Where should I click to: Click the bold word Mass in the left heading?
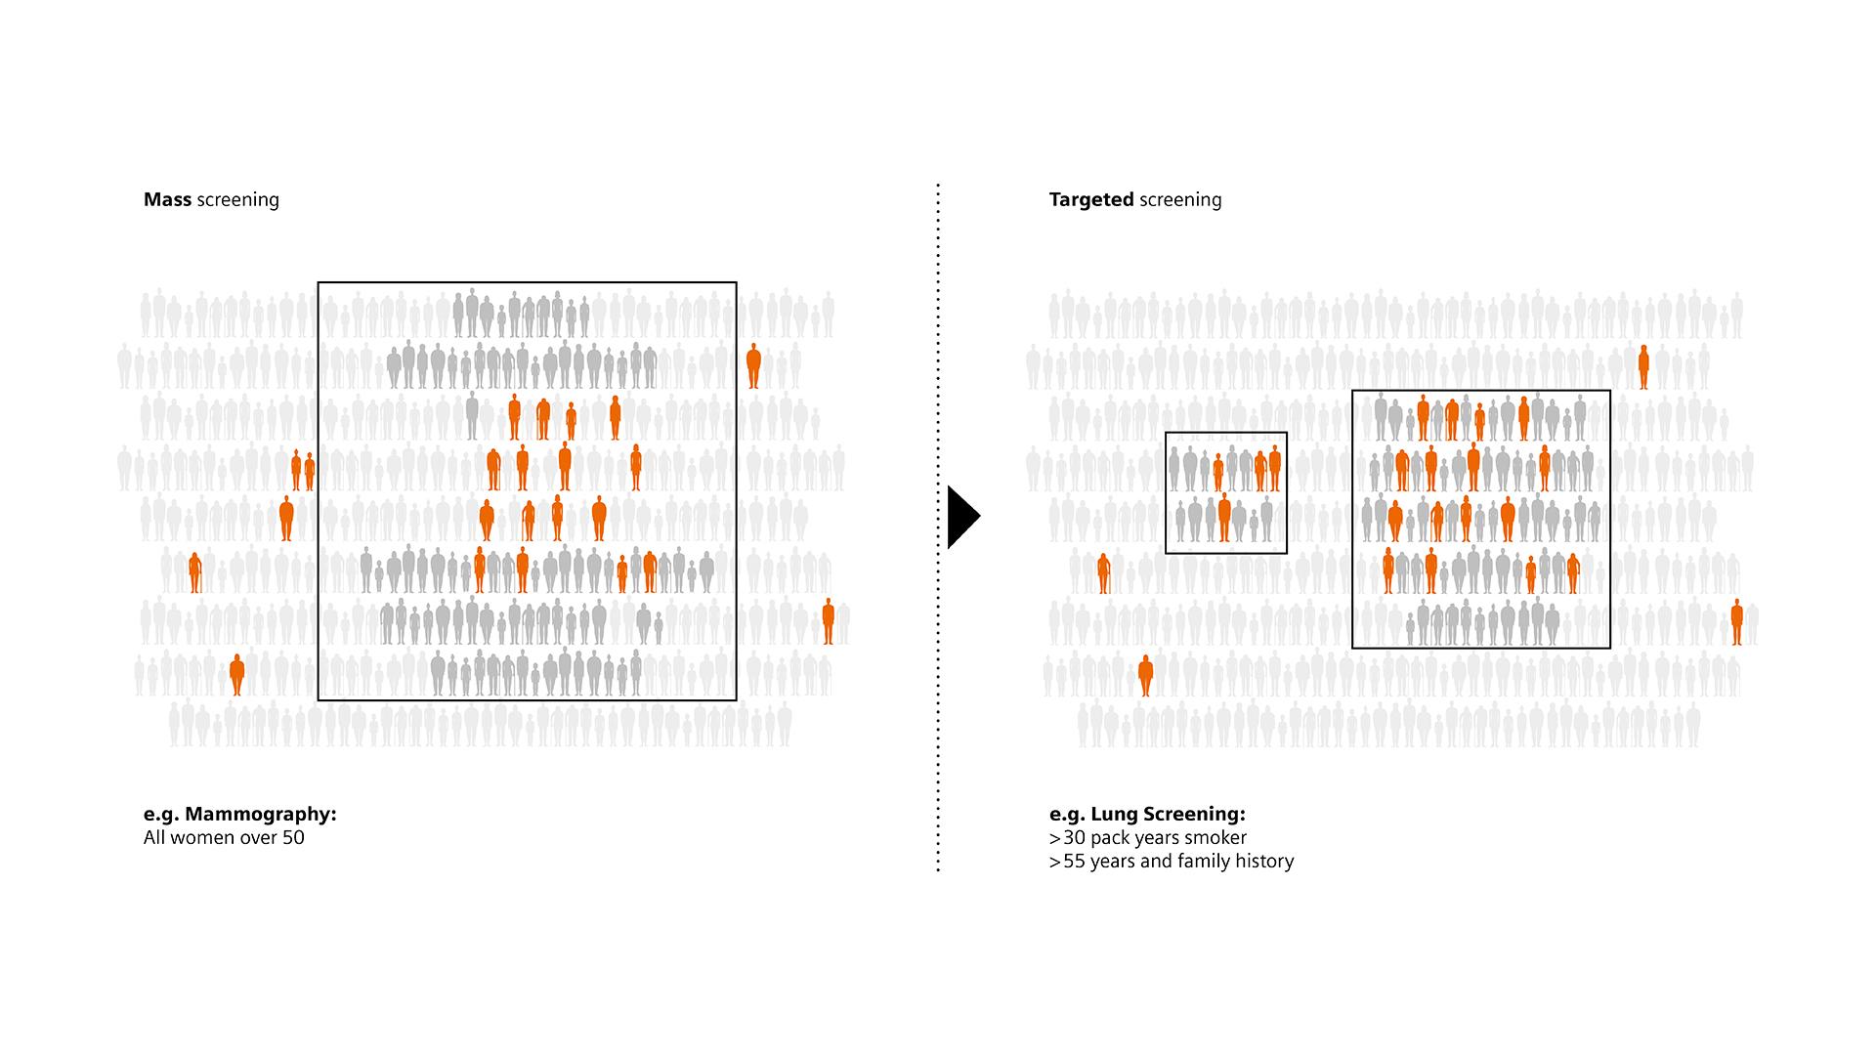tap(168, 200)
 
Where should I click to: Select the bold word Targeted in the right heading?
tap(1091, 200)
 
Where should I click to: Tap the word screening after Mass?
tap(237, 200)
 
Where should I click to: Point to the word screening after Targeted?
tap(1180, 200)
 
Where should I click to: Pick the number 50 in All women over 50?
tap(293, 838)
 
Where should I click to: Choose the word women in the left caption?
tap(203, 838)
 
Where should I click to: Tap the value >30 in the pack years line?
tap(1067, 838)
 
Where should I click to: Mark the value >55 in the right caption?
tap(1067, 862)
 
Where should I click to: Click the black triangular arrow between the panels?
tap(961, 516)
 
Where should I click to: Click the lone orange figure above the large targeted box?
tap(1643, 367)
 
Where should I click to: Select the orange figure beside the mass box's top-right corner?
tap(753, 366)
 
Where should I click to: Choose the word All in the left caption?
tap(154, 838)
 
